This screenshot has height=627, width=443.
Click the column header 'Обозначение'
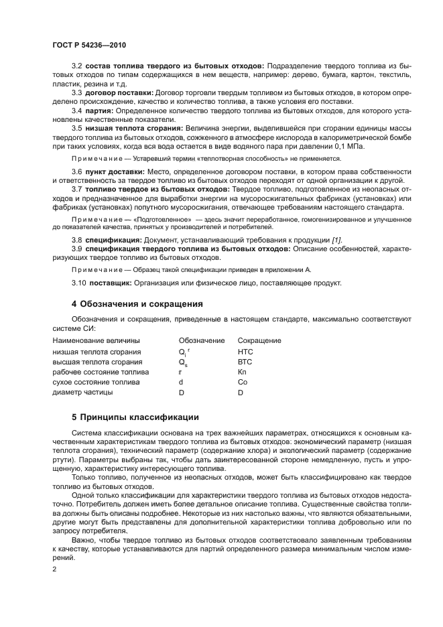click(x=202, y=341)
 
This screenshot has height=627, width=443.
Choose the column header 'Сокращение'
click(x=259, y=341)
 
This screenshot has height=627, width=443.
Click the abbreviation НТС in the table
click(x=245, y=352)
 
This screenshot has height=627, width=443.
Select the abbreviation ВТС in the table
click(x=245, y=362)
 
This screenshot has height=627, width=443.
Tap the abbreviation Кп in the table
click(x=242, y=372)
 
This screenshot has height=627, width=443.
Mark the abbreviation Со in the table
click(x=242, y=382)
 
